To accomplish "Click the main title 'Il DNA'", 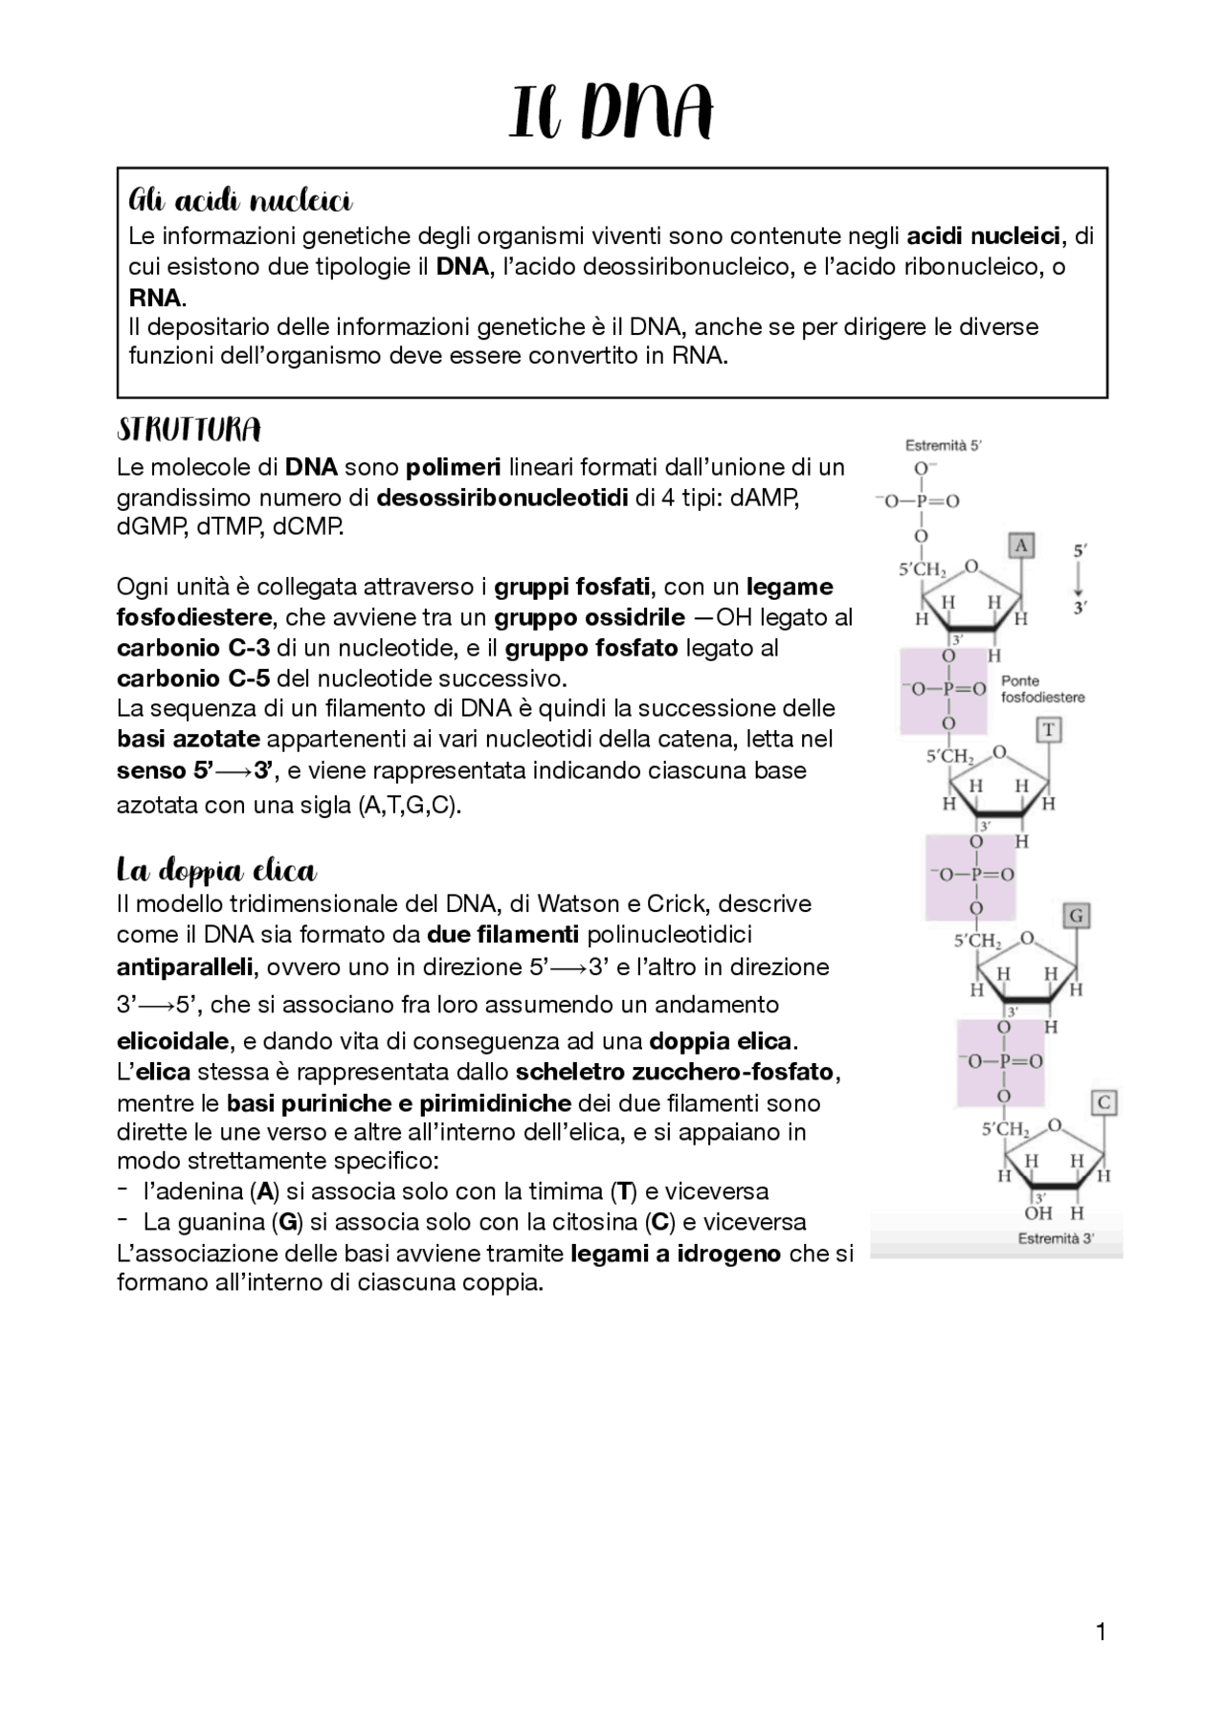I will (612, 113).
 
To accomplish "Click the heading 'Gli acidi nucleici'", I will (240, 202).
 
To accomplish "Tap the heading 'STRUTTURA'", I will (189, 431).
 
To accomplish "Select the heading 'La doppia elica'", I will (216, 871).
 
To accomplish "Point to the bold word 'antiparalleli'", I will (185, 967).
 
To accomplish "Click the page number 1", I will (1101, 1632).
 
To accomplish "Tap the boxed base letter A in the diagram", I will (1021, 546).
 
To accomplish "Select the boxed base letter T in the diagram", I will (1048, 731).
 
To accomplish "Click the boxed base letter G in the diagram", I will (1076, 916).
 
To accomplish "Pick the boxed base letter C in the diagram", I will (1103, 1102).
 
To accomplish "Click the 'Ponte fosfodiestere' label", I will (1042, 689).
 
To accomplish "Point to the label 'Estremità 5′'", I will (944, 445).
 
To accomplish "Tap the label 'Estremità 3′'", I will (1056, 1238).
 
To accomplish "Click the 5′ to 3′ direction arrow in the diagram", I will (1080, 579).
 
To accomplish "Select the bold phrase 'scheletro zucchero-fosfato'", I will (678, 1072).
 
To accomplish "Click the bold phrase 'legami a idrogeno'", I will (676, 1253).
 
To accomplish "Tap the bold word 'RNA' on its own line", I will (155, 297).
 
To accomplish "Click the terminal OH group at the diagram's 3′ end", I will (1038, 1213).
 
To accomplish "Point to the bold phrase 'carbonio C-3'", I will (193, 648).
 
